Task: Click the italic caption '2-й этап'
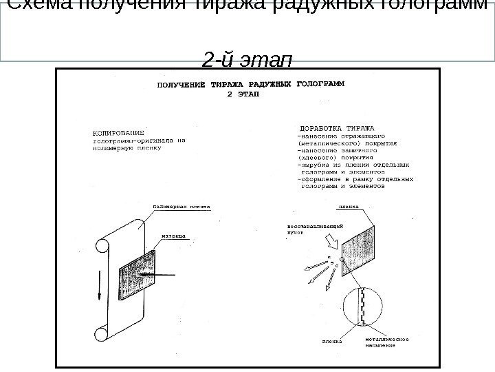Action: point(247,60)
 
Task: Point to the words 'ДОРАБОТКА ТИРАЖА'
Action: point(336,129)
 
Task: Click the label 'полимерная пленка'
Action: point(181,205)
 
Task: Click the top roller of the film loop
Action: point(102,245)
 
